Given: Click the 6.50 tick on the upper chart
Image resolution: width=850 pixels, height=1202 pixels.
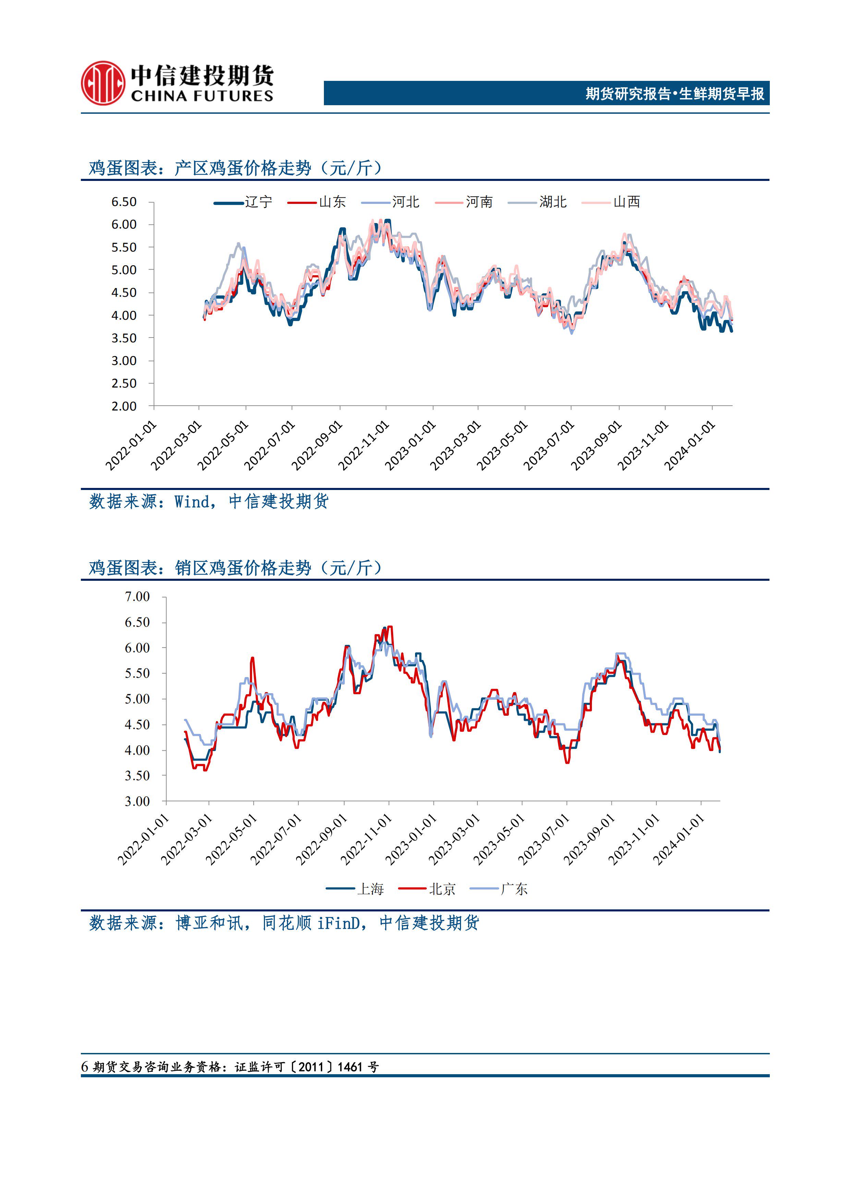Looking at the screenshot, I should [124, 202].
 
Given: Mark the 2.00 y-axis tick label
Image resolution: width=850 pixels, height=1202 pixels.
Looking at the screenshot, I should [124, 406].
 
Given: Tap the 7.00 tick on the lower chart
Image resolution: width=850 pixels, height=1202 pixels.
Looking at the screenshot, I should [137, 597].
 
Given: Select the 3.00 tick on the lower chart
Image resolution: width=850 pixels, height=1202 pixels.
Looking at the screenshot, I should [137, 801].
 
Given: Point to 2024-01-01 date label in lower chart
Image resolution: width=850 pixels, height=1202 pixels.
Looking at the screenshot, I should [679, 840].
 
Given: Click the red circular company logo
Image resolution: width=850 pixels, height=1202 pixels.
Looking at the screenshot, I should [102, 83].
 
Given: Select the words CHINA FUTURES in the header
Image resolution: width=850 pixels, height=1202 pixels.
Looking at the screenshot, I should [202, 96].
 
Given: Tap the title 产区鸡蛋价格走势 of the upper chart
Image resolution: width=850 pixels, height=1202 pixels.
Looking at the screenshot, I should [242, 168].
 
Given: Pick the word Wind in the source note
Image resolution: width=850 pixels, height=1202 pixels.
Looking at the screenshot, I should [192, 502].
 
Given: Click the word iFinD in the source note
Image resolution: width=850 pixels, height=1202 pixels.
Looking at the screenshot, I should [338, 923].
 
